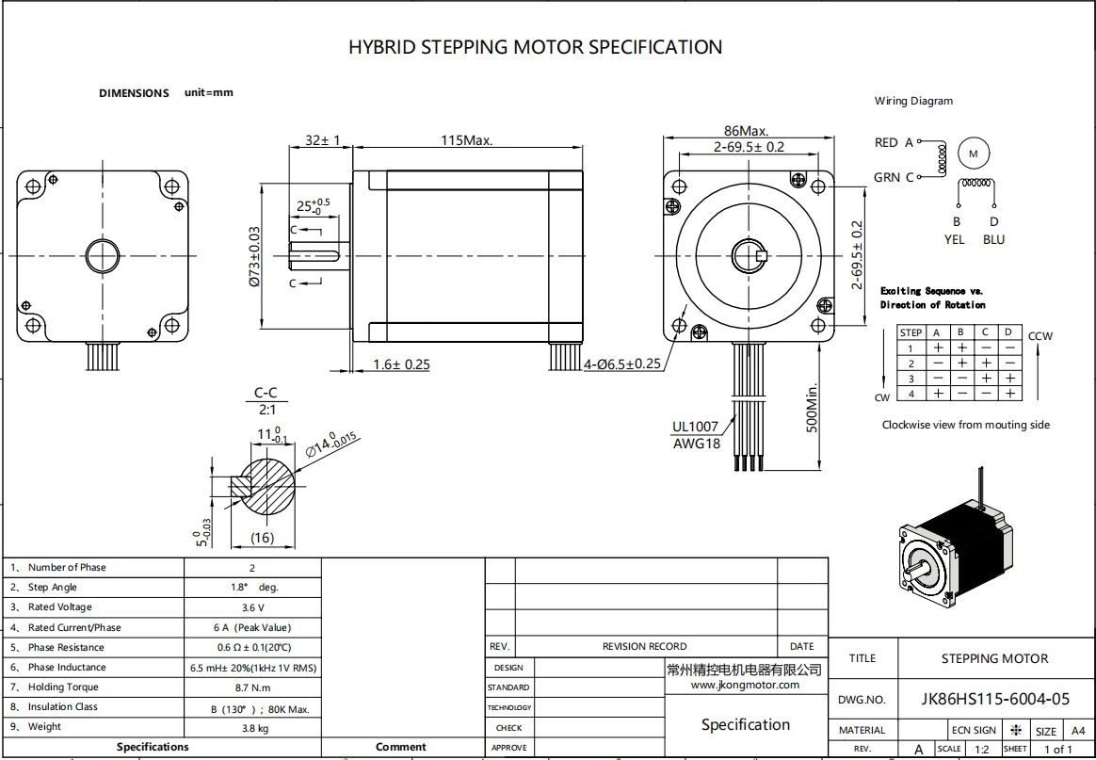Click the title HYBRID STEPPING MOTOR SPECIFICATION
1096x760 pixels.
click(535, 47)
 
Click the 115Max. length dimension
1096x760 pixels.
click(467, 140)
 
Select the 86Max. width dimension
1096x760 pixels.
click(746, 131)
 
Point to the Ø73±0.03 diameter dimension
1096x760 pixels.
click(255, 256)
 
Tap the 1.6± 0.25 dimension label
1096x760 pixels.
click(401, 364)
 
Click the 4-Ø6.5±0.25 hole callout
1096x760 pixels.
click(621, 364)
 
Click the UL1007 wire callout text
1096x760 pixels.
click(696, 427)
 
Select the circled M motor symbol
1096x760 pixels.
click(975, 153)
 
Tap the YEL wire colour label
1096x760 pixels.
click(955, 239)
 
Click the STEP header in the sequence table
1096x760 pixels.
click(911, 332)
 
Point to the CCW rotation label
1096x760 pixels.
click(1040, 336)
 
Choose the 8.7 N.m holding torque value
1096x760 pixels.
click(252, 688)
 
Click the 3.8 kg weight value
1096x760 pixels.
click(252, 728)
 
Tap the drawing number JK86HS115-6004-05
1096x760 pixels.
click(995, 699)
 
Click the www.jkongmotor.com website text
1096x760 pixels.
click(745, 685)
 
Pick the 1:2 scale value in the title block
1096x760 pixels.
click(982, 750)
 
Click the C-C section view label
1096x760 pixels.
click(266, 394)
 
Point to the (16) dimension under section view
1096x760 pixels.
click(262, 538)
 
